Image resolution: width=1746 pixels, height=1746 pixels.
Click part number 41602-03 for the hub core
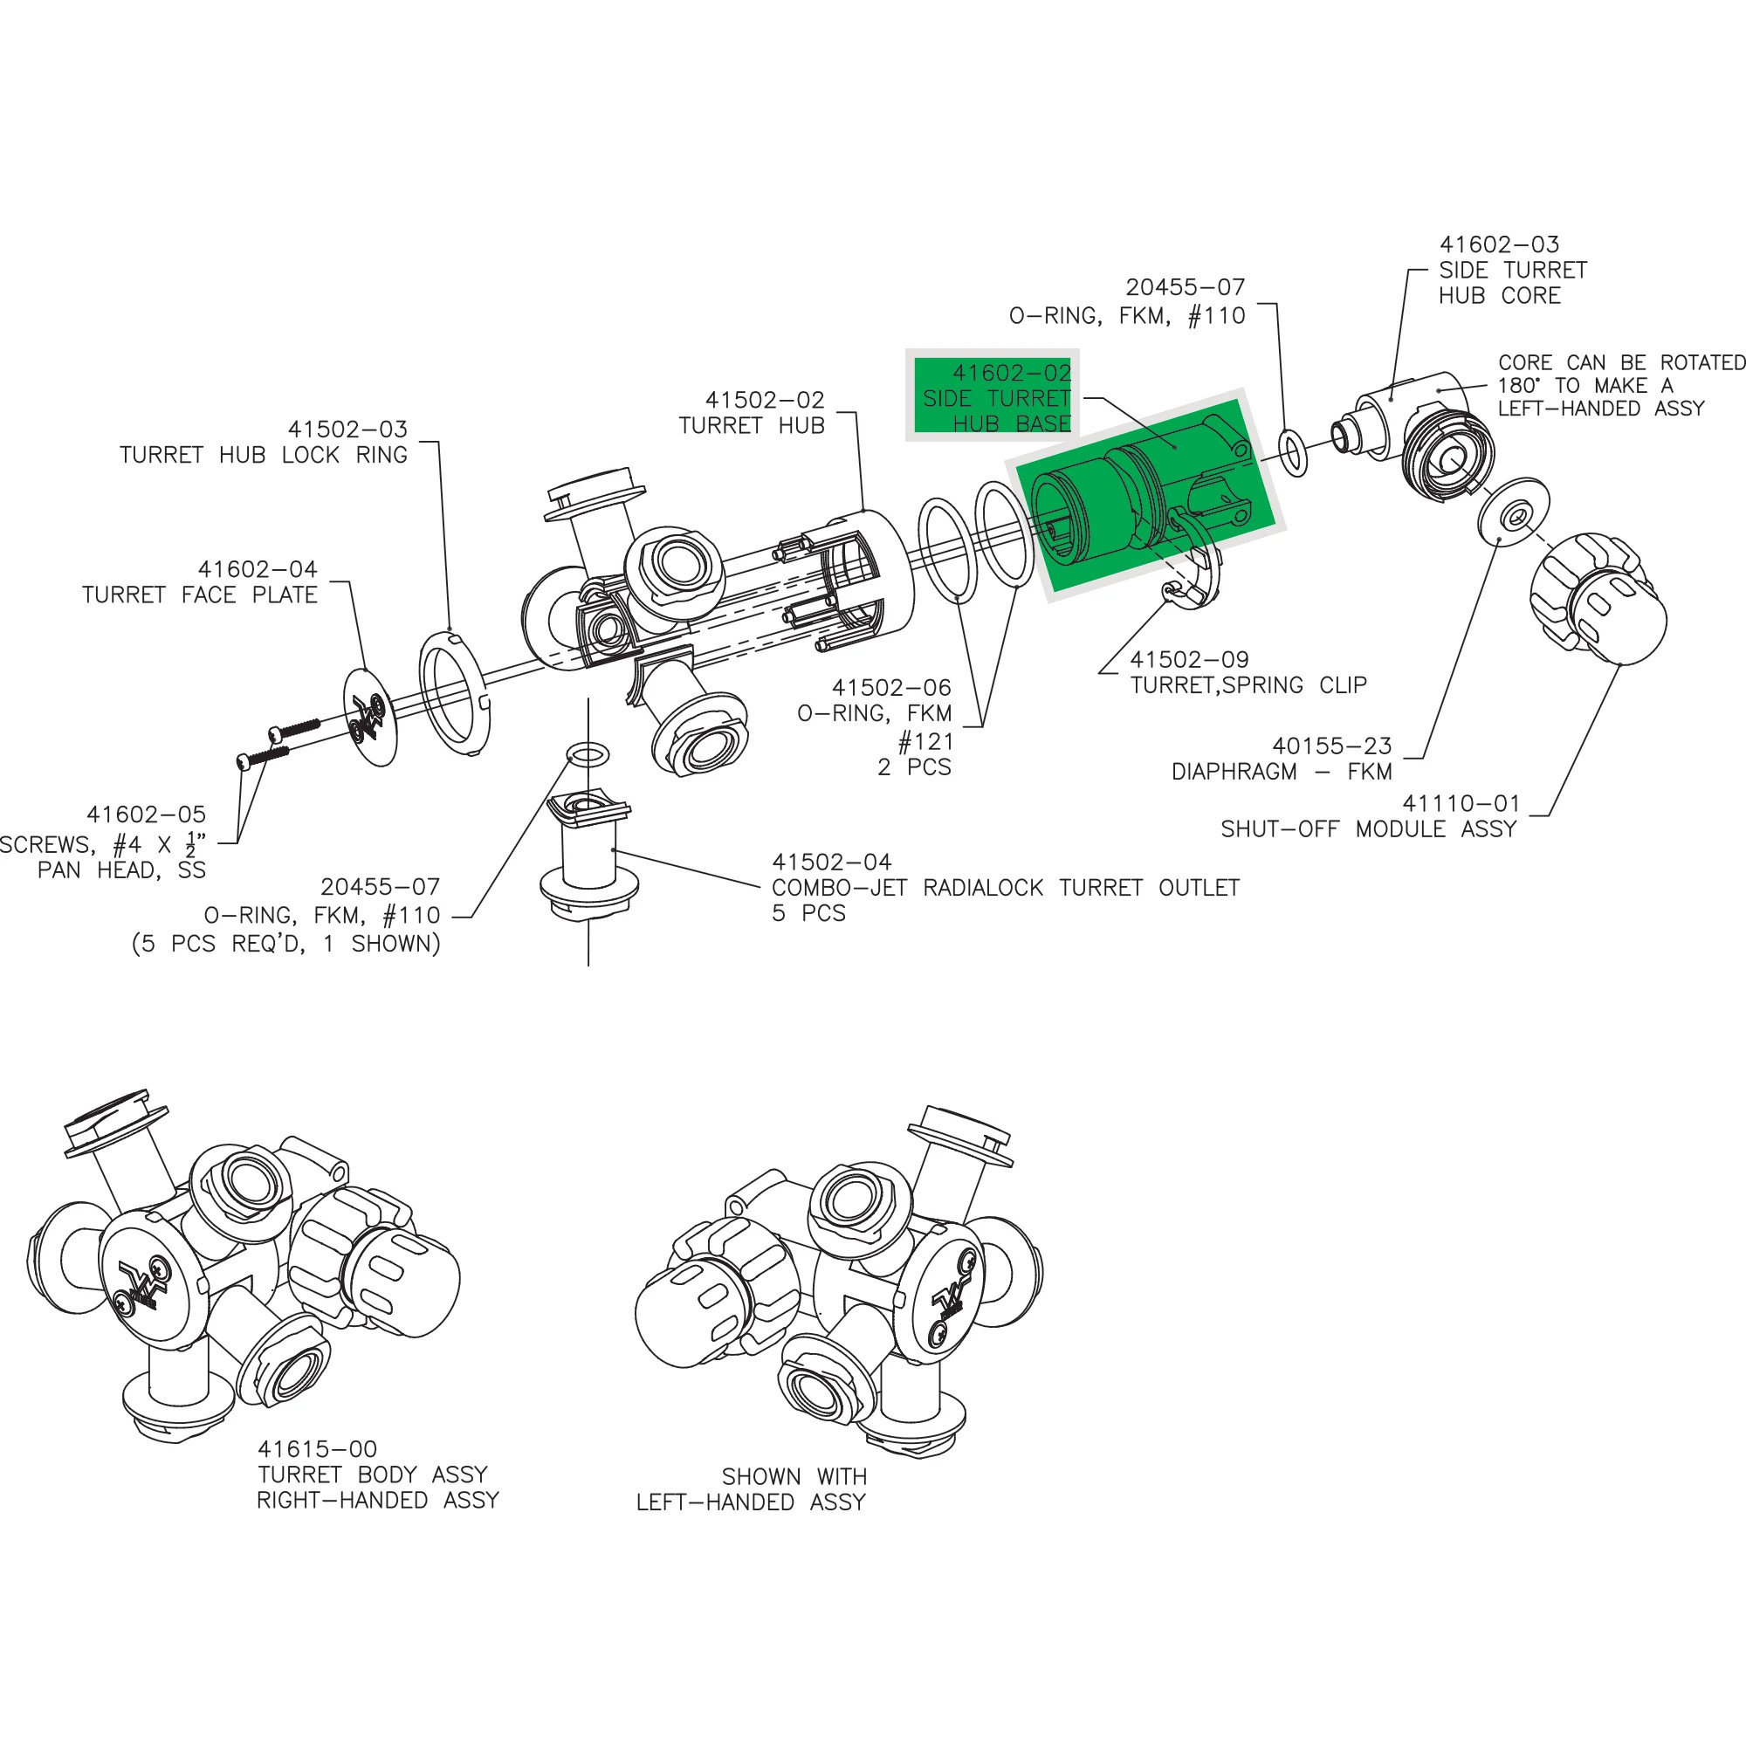click(1499, 244)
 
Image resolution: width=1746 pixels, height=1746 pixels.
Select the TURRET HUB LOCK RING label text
click(263, 455)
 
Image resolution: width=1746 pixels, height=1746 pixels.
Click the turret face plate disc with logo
click(370, 717)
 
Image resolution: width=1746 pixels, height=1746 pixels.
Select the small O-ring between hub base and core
click(1294, 454)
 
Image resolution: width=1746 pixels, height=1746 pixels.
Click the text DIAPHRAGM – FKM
click(1282, 772)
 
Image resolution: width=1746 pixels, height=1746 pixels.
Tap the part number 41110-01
click(1461, 802)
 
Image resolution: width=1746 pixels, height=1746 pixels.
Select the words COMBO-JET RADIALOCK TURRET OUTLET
click(1005, 888)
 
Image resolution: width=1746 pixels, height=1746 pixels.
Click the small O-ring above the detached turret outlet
click(588, 753)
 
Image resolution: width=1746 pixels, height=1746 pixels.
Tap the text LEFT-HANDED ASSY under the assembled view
click(750, 1502)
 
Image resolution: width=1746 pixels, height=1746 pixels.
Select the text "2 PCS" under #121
click(914, 766)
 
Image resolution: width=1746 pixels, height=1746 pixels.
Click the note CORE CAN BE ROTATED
click(1621, 362)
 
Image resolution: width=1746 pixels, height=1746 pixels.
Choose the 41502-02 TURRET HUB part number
click(765, 400)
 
